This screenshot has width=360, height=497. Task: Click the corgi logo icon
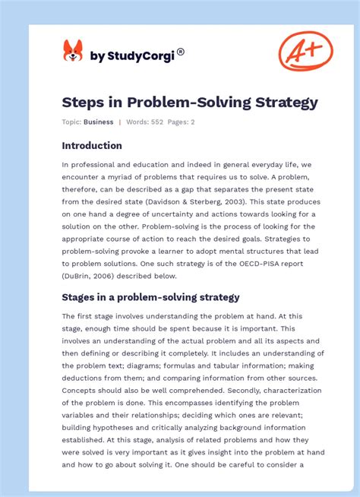[73, 51]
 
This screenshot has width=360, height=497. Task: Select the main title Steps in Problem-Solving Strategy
[190, 102]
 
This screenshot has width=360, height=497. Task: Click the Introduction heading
[92, 145]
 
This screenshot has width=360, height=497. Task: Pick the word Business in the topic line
[99, 122]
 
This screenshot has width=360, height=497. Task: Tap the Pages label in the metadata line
[176, 122]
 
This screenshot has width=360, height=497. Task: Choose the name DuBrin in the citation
[80, 276]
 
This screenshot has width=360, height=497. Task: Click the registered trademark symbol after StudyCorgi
[181, 52]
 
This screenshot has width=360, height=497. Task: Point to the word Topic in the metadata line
[71, 122]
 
